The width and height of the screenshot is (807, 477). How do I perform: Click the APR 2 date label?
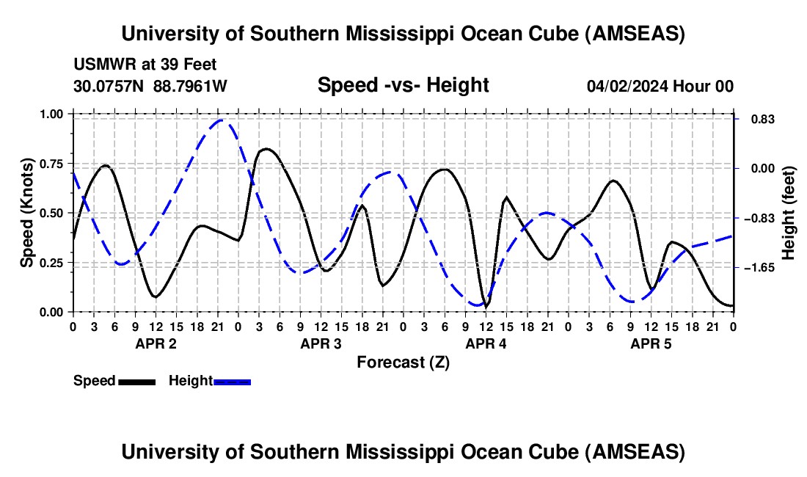click(156, 343)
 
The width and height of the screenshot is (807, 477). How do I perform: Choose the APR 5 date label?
click(651, 343)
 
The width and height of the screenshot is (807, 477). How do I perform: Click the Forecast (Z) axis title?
click(403, 362)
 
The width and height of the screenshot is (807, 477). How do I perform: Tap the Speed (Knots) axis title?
click(27, 213)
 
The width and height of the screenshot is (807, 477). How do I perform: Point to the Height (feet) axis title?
click(789, 213)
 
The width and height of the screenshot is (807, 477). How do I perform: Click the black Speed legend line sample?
click(136, 381)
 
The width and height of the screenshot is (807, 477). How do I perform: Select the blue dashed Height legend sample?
click(233, 381)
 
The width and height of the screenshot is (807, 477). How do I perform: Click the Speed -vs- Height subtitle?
click(403, 85)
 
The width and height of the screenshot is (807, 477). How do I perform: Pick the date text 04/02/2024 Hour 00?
click(660, 86)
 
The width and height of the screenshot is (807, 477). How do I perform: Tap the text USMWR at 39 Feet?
click(145, 65)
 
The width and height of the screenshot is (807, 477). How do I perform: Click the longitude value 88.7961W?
click(190, 86)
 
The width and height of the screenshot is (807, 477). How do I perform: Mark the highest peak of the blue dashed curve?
click(222, 120)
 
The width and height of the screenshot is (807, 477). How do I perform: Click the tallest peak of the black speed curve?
click(266, 149)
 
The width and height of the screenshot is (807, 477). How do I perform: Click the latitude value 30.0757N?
click(110, 86)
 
